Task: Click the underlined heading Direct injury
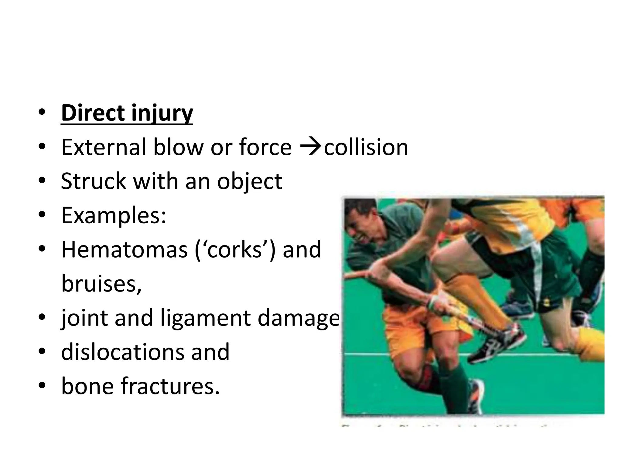pyautogui.click(x=127, y=113)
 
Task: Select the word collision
pyautogui.click(x=366, y=147)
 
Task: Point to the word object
pyautogui.click(x=250, y=181)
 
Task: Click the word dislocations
pyautogui.click(x=121, y=352)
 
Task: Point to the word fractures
pyautogui.click(x=170, y=386)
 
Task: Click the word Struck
pyautogui.click(x=93, y=181)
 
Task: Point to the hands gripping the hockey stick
pyautogui.click(x=437, y=303)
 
